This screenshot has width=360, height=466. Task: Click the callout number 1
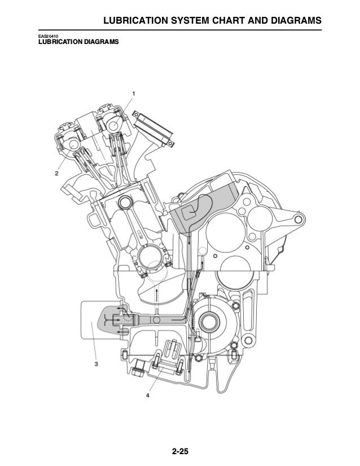[134, 94]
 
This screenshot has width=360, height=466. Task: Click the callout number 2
[57, 174]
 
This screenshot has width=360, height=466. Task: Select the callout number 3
[96, 364]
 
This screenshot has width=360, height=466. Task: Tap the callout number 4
[147, 395]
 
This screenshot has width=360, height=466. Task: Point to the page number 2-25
[180, 451]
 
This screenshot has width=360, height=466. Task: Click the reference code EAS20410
[48, 37]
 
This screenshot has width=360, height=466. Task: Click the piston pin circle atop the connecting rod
[125, 202]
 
